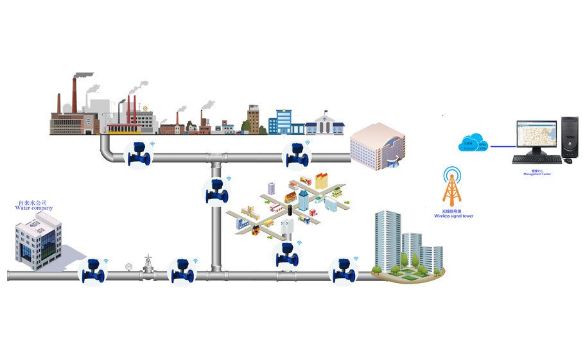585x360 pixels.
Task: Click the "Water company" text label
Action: pyautogui.click(x=34, y=208)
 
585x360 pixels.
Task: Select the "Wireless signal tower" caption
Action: pyautogui.click(x=454, y=216)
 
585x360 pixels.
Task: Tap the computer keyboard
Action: pyautogui.click(x=530, y=159)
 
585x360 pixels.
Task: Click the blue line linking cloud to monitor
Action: pyautogui.click(x=502, y=145)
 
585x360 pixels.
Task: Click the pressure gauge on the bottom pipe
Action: pyautogui.click(x=129, y=266)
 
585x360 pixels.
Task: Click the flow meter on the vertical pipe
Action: pyautogui.click(x=216, y=191)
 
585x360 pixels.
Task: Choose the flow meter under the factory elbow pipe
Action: pyautogui.click(x=139, y=154)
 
